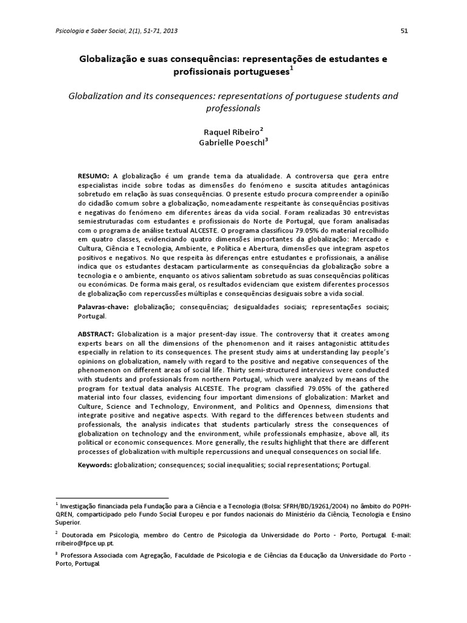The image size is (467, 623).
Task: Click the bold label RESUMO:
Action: point(93,175)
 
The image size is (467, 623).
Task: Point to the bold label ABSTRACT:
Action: point(96,335)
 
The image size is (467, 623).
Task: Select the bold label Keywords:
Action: point(95,465)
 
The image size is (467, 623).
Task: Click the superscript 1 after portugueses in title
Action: point(291,68)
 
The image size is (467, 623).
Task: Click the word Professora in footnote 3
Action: point(77,555)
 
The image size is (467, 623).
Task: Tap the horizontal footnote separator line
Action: point(112,497)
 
